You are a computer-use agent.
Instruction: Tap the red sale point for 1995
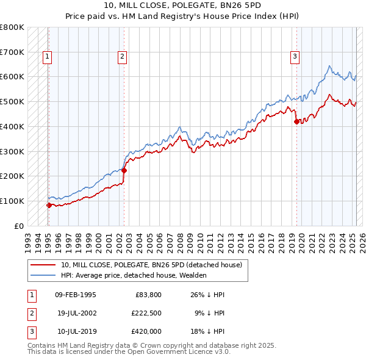[49, 205]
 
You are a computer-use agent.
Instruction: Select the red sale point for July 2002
[124, 171]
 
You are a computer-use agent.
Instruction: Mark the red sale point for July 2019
[297, 121]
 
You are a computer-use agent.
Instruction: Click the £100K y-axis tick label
[12, 201]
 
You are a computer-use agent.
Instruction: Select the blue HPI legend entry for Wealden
[134, 275]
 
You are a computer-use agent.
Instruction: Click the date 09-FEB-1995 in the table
[75, 295]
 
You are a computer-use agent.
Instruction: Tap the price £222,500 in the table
[146, 313]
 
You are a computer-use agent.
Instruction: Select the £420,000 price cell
[146, 331]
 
